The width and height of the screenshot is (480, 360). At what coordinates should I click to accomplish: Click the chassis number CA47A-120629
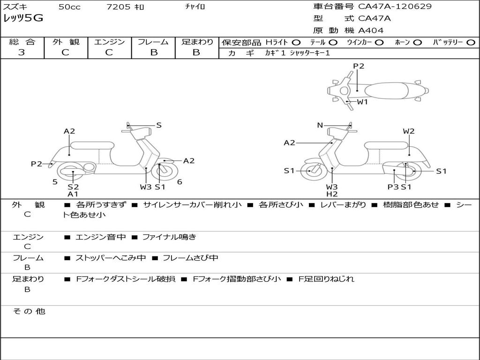pyautogui.click(x=395, y=6)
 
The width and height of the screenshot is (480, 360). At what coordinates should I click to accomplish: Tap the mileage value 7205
pyautogui.click(x=118, y=7)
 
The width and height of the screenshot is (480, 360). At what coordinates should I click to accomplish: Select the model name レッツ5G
pyautogui.click(x=23, y=18)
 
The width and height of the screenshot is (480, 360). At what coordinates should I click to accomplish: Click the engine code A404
pyautogui.click(x=371, y=30)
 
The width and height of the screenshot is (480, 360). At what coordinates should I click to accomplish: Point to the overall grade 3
pyautogui.click(x=22, y=52)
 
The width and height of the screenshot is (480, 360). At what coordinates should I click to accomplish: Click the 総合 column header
pyautogui.click(x=22, y=42)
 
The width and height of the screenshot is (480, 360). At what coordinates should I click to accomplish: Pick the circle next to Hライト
pyautogui.click(x=296, y=43)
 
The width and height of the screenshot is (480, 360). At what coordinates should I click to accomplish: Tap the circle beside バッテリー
pyautogui.click(x=471, y=43)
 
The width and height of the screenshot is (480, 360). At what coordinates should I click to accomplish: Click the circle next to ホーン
pyautogui.click(x=417, y=43)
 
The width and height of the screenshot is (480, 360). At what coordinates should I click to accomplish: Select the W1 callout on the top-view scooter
pyautogui.click(x=362, y=102)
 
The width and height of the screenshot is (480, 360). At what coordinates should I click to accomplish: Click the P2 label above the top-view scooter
pyautogui.click(x=359, y=66)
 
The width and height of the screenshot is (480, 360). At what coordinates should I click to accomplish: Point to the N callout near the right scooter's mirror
pyautogui.click(x=320, y=125)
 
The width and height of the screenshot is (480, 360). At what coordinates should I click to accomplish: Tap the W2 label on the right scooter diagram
pyautogui.click(x=409, y=131)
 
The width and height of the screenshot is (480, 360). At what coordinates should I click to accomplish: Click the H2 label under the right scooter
pyautogui.click(x=332, y=194)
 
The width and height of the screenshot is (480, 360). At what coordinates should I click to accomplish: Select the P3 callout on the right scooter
pyautogui.click(x=393, y=187)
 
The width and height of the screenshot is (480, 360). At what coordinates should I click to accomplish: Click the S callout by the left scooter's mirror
pyautogui.click(x=158, y=125)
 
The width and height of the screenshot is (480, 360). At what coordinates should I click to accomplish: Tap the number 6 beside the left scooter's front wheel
pyautogui.click(x=180, y=182)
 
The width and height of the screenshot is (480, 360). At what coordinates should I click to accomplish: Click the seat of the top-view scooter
pyautogui.click(x=387, y=91)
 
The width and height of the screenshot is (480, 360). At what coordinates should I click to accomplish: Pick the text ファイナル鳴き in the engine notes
pyautogui.click(x=169, y=237)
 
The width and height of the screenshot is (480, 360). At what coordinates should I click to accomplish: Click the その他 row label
pyautogui.click(x=29, y=311)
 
